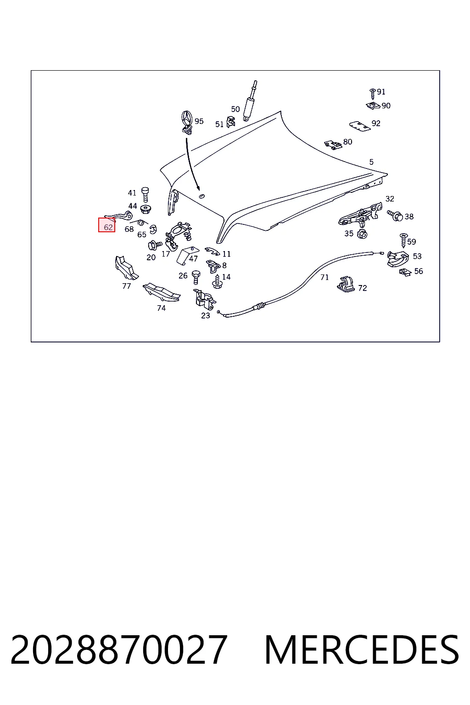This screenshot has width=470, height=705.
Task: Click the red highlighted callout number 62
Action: [x=108, y=227]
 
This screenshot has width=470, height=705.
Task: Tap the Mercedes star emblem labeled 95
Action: [x=187, y=123]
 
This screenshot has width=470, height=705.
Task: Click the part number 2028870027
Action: [x=119, y=649]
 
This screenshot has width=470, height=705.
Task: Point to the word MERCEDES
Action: [x=362, y=649]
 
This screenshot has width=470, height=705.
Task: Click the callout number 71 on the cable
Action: [x=325, y=277]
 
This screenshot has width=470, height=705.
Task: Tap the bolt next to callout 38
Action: [x=395, y=216]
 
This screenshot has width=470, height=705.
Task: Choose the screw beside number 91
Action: [x=373, y=94]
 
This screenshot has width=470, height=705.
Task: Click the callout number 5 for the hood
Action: [x=371, y=162]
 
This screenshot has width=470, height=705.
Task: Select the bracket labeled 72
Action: [x=347, y=284]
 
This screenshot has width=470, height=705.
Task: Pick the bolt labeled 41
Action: [x=145, y=195]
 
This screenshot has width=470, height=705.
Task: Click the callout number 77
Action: [x=127, y=286]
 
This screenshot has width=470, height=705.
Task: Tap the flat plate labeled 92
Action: [x=360, y=126]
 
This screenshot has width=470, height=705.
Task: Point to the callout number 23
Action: [x=206, y=315]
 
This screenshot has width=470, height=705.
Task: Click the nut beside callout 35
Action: [x=363, y=234]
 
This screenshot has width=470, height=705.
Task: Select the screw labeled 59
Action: [x=403, y=241]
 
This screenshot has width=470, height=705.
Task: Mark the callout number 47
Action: [x=193, y=259]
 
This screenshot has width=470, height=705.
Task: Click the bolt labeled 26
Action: [x=196, y=277]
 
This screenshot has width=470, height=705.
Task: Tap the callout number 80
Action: [x=347, y=142]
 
